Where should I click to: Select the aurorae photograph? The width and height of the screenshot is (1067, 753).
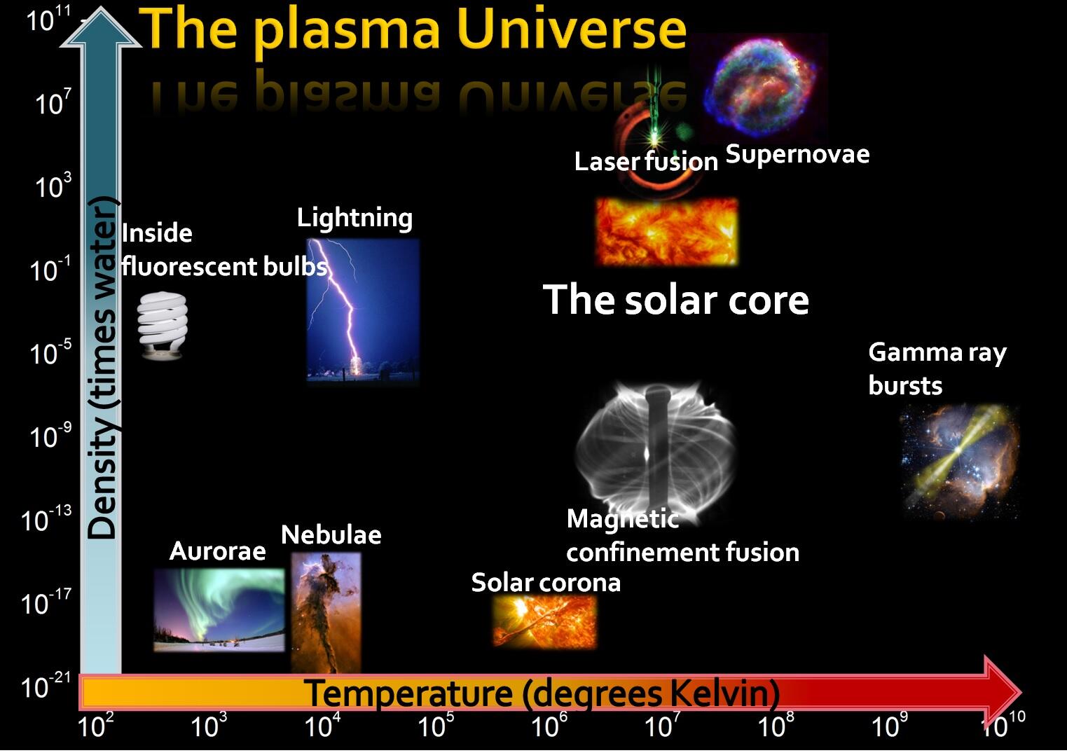point(219,609)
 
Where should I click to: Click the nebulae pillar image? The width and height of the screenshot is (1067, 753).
point(326,612)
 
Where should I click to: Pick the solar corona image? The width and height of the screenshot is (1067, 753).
point(545,621)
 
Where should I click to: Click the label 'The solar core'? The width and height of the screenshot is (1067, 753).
point(675,300)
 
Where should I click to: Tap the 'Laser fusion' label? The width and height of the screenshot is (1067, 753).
point(645,162)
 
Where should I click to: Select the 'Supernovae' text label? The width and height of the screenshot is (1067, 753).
point(797,154)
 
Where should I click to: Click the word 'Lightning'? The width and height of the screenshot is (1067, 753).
point(354,218)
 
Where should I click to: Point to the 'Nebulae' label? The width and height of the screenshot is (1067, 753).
point(331,535)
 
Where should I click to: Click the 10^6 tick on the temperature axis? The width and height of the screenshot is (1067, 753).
point(544,726)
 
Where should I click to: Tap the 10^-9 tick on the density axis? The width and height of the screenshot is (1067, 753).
point(50,436)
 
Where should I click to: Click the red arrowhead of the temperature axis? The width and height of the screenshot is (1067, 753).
point(1002,692)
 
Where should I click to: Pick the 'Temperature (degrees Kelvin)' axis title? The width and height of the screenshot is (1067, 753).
point(543,693)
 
